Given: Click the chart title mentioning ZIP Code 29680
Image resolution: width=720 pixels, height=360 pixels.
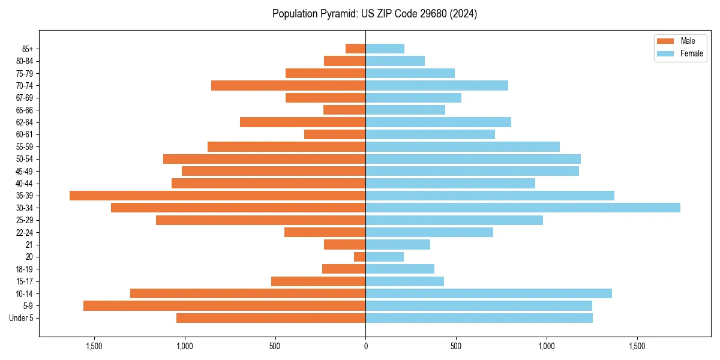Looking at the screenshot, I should [374, 14].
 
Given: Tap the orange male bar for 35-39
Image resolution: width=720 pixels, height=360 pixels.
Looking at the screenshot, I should [217, 196].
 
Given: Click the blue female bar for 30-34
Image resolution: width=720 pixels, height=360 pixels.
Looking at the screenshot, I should [523, 208].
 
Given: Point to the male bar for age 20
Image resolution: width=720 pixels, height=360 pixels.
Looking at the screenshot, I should [359, 257].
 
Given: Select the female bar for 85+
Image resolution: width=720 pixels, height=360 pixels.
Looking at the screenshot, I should [385, 49].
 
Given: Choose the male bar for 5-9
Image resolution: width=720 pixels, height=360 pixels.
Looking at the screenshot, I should [224, 305].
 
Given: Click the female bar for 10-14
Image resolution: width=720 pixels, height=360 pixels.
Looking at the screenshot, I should [488, 293].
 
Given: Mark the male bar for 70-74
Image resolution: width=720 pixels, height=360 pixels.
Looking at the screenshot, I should [288, 85].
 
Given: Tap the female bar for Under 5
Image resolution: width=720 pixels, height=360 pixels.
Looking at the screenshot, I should [479, 318].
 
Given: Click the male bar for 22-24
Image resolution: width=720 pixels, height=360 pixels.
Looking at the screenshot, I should [325, 232].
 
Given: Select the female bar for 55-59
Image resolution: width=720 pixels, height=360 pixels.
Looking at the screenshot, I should [463, 146].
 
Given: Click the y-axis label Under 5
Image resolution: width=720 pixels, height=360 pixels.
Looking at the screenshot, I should [22, 318].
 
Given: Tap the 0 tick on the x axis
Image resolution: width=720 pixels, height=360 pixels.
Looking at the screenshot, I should [365, 346].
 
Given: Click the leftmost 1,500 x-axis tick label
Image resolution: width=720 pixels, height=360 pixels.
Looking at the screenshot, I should [94, 346].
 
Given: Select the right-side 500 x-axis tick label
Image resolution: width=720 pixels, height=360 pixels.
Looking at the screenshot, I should [456, 346].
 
